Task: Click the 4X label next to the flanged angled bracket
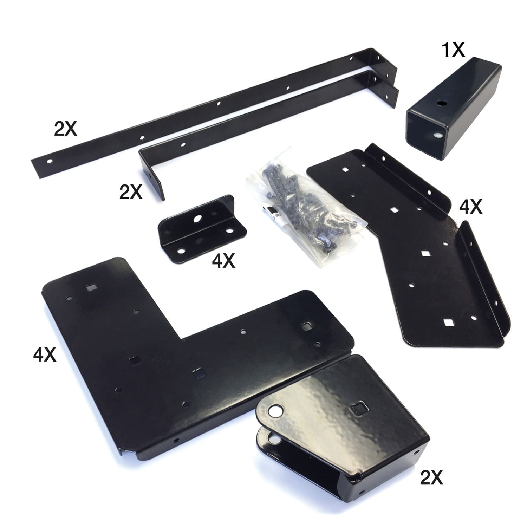point(471,207)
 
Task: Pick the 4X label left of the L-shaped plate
point(45,354)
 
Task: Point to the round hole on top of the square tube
point(440,103)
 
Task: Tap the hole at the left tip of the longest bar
point(50,162)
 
